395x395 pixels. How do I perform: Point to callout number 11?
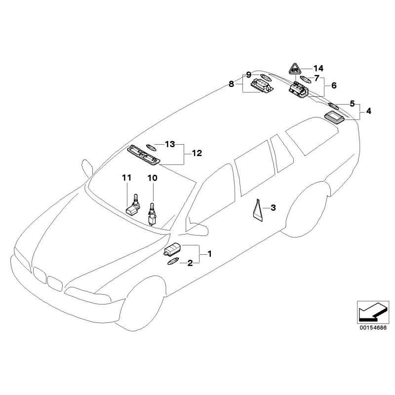click(127, 177)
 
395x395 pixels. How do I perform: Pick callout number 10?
click(152, 177)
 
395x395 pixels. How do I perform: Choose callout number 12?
click(197, 154)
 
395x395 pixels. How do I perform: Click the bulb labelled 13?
click(150, 146)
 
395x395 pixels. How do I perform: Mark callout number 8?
click(232, 84)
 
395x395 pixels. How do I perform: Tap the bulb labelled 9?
click(266, 77)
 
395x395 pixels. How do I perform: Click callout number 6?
click(334, 85)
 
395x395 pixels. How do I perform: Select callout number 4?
click(369, 112)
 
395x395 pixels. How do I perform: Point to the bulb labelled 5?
click(334, 106)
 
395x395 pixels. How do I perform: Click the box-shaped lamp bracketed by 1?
click(173, 250)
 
